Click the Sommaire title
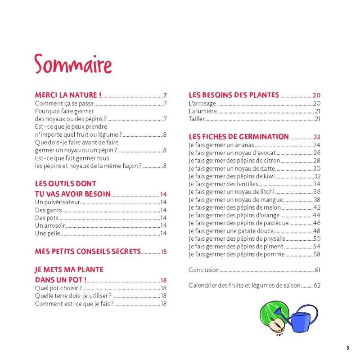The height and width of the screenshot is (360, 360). pos(73,64)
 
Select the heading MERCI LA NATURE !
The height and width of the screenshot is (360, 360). pos(68,95)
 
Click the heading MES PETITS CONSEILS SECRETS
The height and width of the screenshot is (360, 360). pos(88,252)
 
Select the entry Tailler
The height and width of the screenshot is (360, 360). pos(197,119)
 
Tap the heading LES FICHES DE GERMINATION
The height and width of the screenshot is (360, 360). pos(238,137)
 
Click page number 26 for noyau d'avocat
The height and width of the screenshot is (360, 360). pos(317,153)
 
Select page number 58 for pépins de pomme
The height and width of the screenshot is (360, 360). pos(317,254)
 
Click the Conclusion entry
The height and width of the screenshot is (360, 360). pos(204,270)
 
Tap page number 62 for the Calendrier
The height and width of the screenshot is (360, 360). pos(317,285)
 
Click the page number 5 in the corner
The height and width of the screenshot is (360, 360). pos(347,347)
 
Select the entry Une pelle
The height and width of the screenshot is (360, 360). pos(47,233)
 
